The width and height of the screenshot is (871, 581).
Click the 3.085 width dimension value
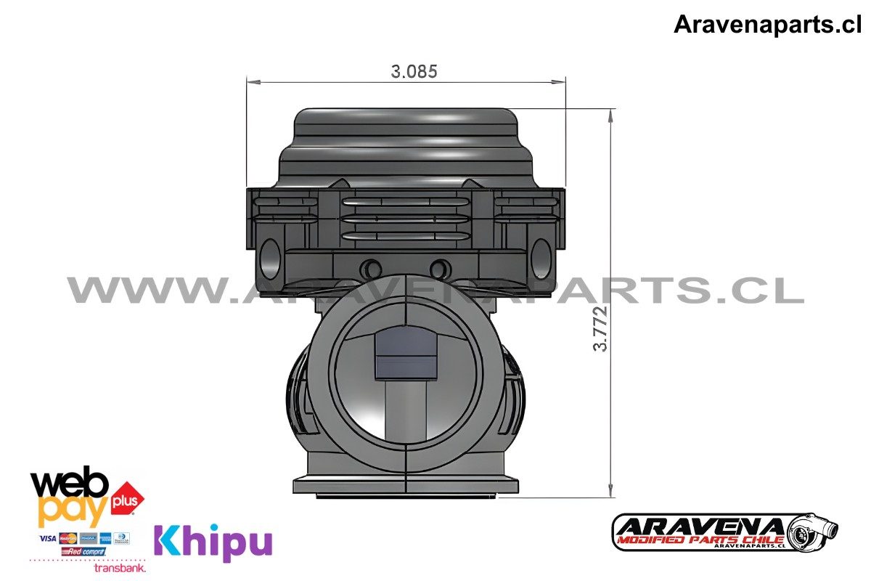(414, 71)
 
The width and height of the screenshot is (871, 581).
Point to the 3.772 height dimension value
(600, 328)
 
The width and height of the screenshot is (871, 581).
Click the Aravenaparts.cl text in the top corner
(767, 25)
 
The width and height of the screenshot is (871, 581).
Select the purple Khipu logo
(213, 542)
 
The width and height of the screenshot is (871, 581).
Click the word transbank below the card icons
(120, 568)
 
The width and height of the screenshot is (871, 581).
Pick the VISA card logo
(48, 538)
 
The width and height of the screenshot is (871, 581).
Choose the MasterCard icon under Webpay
(69, 538)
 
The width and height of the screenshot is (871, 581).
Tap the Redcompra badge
(83, 552)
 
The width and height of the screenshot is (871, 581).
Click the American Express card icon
(105, 538)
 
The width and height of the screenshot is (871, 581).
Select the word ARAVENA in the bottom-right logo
(700, 525)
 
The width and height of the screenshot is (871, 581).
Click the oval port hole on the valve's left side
(271, 259)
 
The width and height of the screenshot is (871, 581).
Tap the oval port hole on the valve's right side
(541, 259)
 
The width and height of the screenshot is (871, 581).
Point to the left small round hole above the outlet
(372, 267)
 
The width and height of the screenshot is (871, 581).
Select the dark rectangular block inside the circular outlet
(406, 352)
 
